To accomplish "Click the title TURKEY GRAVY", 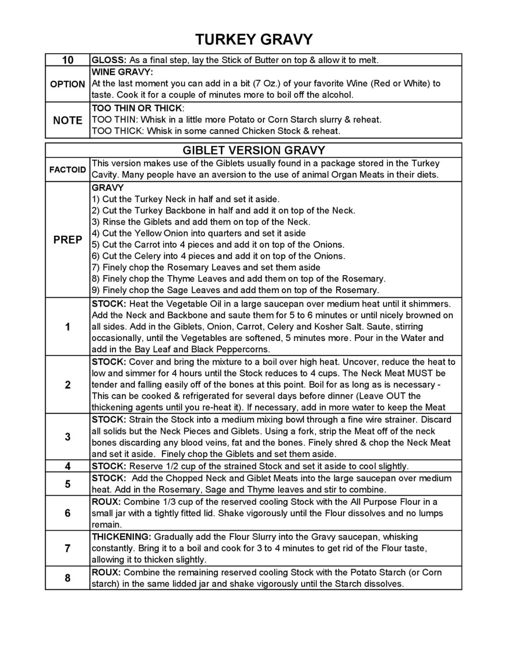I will click(x=254, y=39).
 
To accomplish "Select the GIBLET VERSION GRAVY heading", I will click(x=254, y=150).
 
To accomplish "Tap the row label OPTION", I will click(x=68, y=84).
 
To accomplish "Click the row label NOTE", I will click(x=68, y=120).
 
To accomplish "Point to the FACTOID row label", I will click(x=68, y=170).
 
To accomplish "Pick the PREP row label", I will click(x=68, y=240).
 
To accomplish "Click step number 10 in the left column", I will click(x=68, y=60).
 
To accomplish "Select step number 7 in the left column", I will click(x=68, y=548).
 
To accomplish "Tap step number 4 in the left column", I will click(x=68, y=466).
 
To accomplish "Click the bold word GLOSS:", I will click(x=109, y=60).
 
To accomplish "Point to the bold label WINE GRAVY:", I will click(x=122, y=72).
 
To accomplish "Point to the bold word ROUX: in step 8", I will click(x=106, y=572).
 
